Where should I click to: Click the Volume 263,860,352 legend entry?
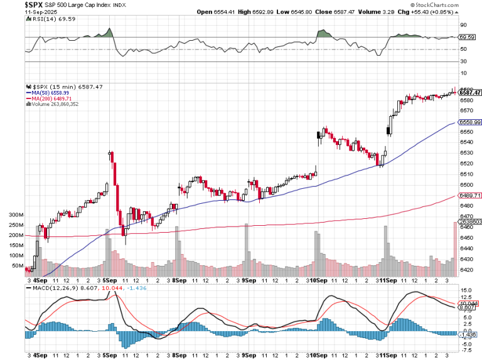click(54, 104)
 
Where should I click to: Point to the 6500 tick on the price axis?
click(466, 185)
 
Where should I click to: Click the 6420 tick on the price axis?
click(466, 270)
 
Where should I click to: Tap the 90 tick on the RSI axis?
click(463, 25)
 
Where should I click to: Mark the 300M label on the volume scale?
click(16, 214)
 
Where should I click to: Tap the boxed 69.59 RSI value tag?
click(466, 38)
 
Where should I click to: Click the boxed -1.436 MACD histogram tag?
click(468, 335)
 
